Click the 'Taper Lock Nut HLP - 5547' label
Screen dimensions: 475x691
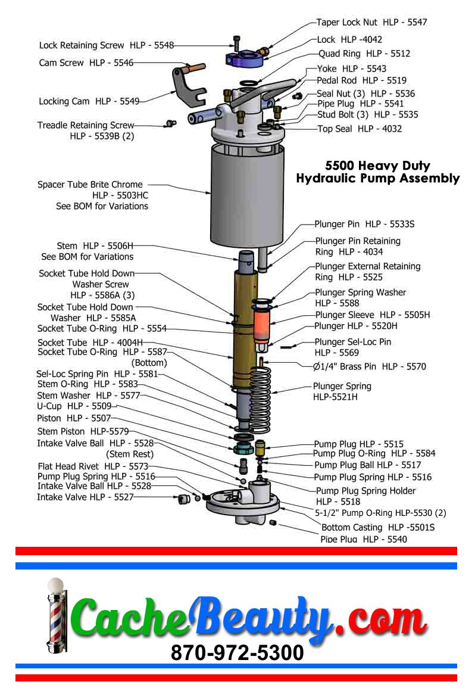[371, 22]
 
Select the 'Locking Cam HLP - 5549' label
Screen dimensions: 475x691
[89, 101]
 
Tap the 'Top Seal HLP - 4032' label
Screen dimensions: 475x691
[360, 129]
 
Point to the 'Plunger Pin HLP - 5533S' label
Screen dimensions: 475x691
[364, 224]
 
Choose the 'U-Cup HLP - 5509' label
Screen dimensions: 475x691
[74, 406]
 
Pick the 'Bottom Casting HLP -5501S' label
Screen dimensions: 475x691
[378, 527]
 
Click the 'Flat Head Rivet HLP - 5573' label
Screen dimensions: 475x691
[93, 466]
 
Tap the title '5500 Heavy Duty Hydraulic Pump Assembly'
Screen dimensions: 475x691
[378, 172]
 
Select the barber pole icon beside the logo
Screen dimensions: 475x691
[56, 616]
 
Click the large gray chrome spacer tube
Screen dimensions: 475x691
[247, 196]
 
